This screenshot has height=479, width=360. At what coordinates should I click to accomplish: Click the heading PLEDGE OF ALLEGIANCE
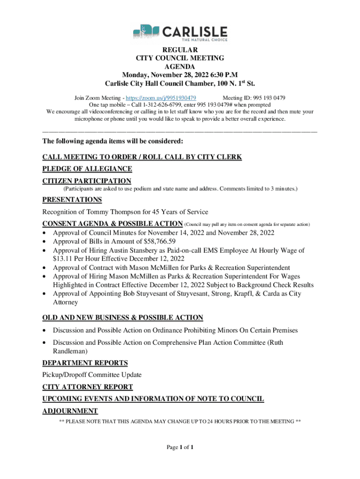pos(87,169)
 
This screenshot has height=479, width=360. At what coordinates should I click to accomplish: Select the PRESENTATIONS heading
pos(72,200)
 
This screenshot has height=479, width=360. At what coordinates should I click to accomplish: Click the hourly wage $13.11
pos(63,259)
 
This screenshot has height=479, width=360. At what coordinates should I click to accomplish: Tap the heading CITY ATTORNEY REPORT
pos(87,387)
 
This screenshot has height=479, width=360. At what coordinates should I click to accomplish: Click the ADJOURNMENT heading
pos(70,411)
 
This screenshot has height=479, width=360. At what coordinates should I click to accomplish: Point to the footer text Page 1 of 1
pos(180,447)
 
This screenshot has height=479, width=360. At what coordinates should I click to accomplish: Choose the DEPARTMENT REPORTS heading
pos(85,363)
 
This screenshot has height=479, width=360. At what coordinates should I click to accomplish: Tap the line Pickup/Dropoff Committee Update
pos(92,375)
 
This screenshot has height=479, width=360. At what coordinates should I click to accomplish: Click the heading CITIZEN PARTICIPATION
pos(86,181)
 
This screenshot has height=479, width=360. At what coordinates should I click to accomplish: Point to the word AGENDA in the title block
pos(180,66)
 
